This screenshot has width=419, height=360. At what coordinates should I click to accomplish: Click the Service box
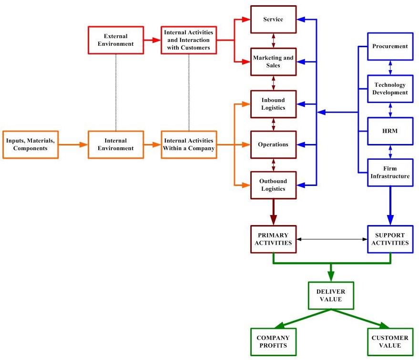273,20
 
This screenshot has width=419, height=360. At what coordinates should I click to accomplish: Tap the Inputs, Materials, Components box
31,144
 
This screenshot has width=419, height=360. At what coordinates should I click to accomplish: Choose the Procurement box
390,46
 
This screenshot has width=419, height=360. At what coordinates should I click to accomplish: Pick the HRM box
390,130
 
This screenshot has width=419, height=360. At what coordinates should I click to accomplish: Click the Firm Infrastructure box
390,172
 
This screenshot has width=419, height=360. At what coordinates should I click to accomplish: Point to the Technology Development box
390,89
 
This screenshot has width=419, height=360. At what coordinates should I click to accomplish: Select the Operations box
273,144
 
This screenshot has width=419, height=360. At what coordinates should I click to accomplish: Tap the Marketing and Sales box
273,62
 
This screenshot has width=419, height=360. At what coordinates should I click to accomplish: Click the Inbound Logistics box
273,103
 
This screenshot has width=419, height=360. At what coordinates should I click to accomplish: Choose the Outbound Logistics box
273,185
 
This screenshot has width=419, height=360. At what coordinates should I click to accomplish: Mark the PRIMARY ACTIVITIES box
273,239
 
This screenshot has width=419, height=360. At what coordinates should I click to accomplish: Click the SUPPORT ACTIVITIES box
390,239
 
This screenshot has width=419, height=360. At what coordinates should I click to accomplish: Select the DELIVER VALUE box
331,296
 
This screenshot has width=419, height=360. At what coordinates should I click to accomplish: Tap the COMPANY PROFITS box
273,342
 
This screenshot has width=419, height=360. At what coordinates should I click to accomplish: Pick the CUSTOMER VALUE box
390,342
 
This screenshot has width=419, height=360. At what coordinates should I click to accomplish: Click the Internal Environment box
116,144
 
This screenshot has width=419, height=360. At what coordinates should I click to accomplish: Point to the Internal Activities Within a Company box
189,144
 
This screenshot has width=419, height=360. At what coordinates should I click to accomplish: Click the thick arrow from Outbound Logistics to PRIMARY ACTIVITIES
273,212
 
